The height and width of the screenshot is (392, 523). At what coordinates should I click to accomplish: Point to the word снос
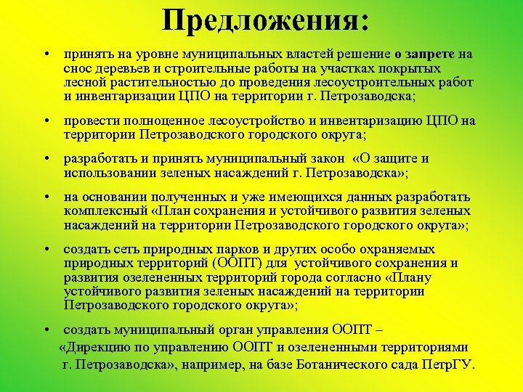(x=77, y=68)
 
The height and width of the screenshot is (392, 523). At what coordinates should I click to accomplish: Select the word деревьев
(x=121, y=68)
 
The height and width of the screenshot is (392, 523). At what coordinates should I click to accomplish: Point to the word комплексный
(x=105, y=211)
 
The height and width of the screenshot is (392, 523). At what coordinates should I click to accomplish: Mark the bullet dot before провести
(x=45, y=121)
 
